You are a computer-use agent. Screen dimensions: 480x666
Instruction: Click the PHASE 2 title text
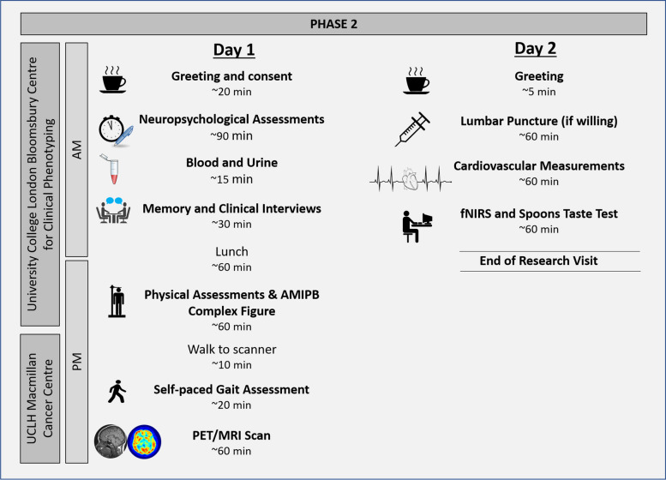pos(333,22)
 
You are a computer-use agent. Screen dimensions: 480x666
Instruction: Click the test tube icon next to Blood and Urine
pos(111,169)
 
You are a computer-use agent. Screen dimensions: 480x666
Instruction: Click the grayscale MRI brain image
pos(111,442)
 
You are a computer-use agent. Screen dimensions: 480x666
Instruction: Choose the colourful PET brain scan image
pos(145,442)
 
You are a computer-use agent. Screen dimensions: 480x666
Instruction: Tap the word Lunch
pos(231,251)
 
